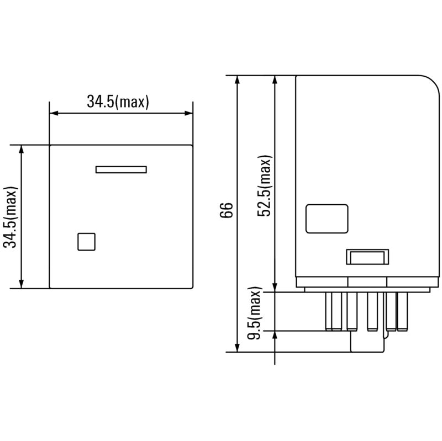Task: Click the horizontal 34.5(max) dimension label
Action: point(118,102)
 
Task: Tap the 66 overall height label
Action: point(227,211)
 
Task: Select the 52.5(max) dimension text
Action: point(266,186)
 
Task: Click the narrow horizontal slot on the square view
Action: point(121,169)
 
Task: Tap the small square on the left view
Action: point(86,242)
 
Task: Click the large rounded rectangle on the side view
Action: point(327,219)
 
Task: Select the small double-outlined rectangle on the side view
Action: point(367,257)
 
